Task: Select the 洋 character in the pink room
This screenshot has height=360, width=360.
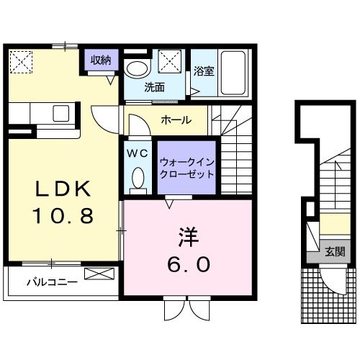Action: click(x=188, y=237)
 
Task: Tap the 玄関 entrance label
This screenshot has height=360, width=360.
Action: click(x=334, y=252)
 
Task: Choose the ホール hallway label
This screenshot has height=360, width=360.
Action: click(x=176, y=120)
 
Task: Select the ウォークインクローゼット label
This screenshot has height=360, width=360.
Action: click(x=186, y=168)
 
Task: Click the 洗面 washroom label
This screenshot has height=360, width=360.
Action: click(x=154, y=87)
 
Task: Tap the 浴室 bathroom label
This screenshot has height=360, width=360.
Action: click(x=204, y=71)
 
